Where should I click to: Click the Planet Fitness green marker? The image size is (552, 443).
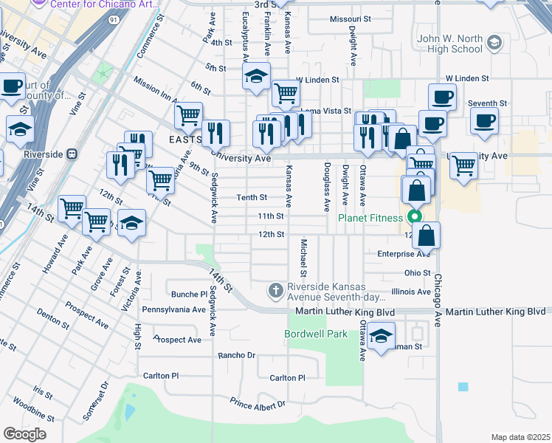tap(414, 217)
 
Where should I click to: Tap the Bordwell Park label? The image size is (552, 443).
tap(316, 334)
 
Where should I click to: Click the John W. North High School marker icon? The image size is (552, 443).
tap(494, 44)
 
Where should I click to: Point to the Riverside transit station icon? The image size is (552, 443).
tap(72, 154)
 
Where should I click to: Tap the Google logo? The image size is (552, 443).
tap(25, 434)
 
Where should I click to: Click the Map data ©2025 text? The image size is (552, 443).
tap(520, 437)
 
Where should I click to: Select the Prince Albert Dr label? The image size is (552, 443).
tap(258, 404)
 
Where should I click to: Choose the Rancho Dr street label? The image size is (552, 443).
tap(236, 355)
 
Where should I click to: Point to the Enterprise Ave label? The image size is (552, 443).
tap(404, 254)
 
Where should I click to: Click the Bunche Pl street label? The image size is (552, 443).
tap(189, 294)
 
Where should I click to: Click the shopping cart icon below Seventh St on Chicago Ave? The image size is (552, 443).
tap(463, 165)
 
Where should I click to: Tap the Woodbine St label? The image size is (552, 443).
tap(30, 407)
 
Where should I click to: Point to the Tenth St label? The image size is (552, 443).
tap(252, 197)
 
